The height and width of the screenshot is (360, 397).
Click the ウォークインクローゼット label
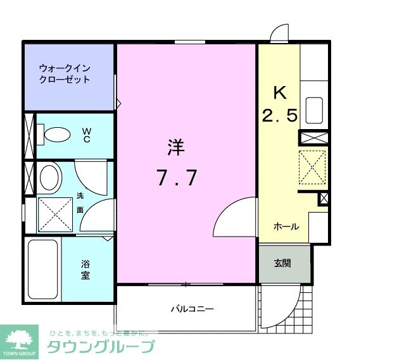tap(64, 73)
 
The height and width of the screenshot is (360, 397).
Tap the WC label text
tap(87, 134)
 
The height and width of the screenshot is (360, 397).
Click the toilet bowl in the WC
tap(58, 135)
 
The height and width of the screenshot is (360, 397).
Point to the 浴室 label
tap(85, 270)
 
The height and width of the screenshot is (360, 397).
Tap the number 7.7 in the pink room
tap(177, 179)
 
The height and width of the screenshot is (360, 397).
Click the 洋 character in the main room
tap(176, 148)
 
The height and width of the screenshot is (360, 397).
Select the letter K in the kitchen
tap(279, 92)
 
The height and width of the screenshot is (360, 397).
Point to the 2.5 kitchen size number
tap(279, 116)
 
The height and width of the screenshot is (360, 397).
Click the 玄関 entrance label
tap(282, 263)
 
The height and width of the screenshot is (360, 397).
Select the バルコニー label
tap(192, 309)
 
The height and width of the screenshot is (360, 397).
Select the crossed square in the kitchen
tap(312, 167)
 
